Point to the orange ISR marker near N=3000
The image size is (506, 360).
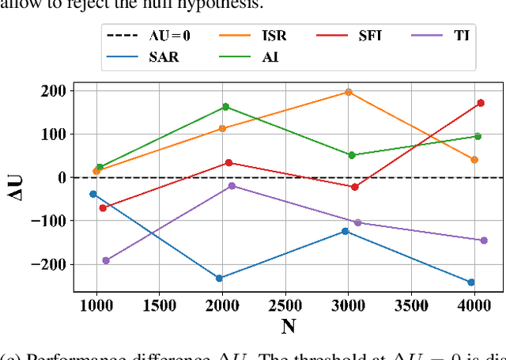[x=348, y=92]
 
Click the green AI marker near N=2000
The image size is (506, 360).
[x=225, y=107]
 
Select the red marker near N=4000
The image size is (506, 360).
[x=480, y=103]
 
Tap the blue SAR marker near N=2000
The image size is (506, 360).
[x=219, y=278]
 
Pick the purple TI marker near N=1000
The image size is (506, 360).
[x=106, y=260]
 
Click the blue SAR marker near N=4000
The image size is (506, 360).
[x=471, y=282]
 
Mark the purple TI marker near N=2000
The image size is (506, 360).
[x=232, y=186]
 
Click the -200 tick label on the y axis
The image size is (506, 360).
[x=48, y=264]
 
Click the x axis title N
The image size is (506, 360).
[x=288, y=325]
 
